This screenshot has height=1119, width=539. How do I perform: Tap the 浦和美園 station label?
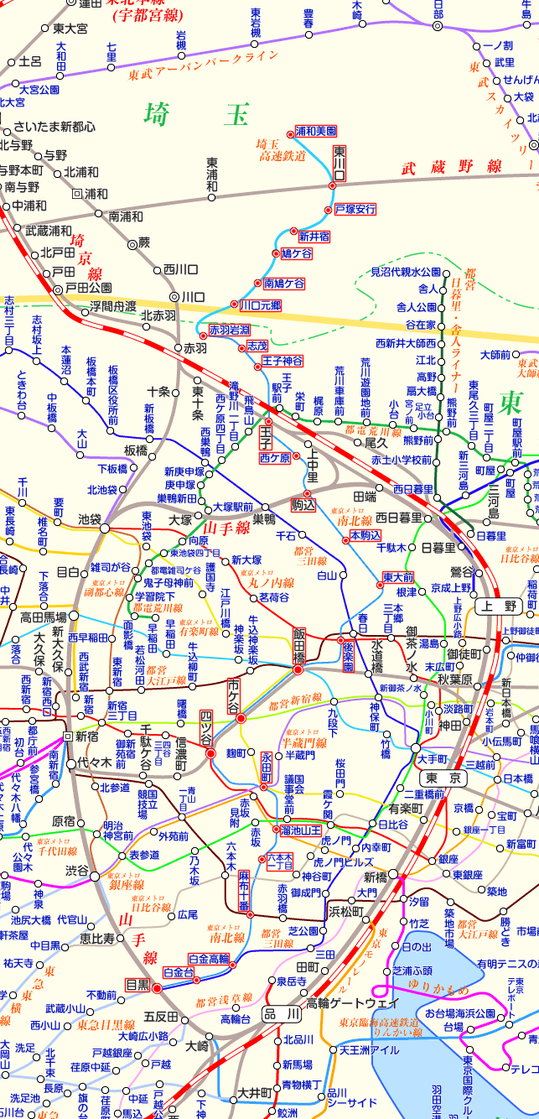316,132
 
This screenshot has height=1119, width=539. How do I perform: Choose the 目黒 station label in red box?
137,984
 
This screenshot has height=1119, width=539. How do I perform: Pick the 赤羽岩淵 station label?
230,330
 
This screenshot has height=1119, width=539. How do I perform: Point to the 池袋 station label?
89,519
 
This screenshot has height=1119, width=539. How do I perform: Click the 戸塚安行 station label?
355,209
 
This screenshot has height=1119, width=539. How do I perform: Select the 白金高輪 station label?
209,959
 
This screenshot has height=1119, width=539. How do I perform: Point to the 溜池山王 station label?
302,830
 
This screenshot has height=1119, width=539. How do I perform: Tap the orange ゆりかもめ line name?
439,988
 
